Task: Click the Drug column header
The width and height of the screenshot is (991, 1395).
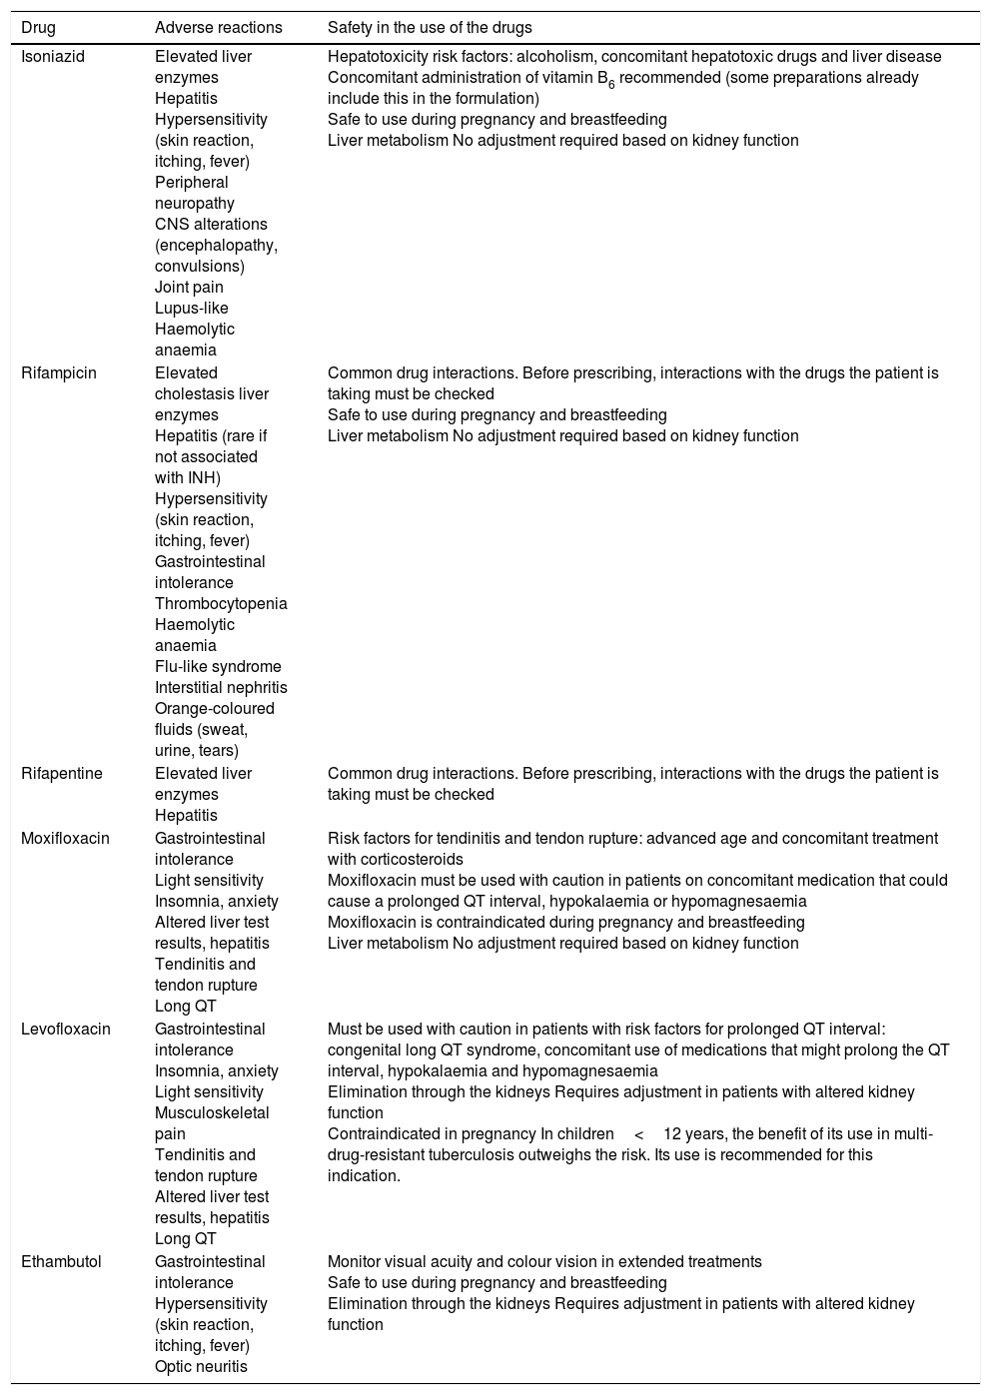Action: [38, 28]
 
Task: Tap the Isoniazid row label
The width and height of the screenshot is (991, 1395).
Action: [53, 57]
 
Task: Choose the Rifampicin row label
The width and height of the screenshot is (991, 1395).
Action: [59, 373]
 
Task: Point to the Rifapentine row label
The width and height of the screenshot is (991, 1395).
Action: [62, 774]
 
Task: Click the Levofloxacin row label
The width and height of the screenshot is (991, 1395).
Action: [65, 1030]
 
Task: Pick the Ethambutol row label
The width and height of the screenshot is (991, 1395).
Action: [61, 1262]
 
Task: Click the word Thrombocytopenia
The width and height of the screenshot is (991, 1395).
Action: [221, 604]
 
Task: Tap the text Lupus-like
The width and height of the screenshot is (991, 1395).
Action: [192, 309]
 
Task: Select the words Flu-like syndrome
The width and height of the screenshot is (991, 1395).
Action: [218, 667]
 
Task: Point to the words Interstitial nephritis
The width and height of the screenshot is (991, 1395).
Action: [221, 688]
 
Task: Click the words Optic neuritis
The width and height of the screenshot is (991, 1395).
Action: [201, 1367]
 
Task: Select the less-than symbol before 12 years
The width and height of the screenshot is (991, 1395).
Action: [638, 1134]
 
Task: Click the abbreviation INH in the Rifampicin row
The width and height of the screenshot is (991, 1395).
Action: [203, 478]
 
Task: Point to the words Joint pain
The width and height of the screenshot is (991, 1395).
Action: [189, 288]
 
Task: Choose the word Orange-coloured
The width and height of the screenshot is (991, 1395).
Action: [214, 709]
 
